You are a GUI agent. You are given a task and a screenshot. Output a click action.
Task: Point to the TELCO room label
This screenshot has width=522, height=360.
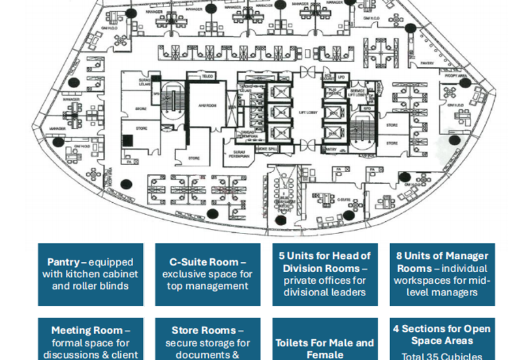coord(207,76)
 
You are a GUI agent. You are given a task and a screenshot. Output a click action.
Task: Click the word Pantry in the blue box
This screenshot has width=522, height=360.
coord(63,262)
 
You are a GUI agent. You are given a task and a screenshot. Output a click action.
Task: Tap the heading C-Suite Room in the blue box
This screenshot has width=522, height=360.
coord(200,262)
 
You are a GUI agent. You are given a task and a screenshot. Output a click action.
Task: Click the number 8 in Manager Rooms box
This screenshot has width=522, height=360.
coord(399,256)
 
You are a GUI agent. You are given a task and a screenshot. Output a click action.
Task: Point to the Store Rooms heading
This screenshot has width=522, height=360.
coord(207,331)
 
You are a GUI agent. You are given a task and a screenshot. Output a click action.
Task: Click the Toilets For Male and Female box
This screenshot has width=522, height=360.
coord(324,348)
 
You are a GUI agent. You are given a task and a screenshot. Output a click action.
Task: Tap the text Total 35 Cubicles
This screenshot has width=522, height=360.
coord(442,356)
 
